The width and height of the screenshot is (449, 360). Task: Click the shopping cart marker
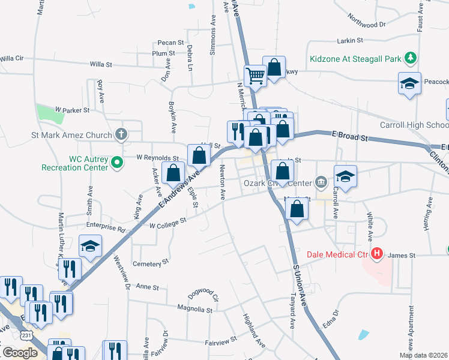point(255,76)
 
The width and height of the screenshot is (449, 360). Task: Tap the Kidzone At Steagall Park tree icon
point(411,58)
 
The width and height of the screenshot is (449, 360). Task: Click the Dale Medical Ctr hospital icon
point(377,254)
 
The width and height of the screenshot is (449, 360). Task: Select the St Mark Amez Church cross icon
point(121,134)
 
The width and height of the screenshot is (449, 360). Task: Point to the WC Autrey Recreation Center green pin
point(118,161)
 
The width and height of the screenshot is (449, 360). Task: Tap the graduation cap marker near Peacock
point(409,83)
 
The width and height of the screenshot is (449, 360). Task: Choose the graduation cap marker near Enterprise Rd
point(90,246)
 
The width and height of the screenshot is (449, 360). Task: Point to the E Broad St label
point(350,137)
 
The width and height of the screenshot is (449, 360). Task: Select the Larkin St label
point(351,41)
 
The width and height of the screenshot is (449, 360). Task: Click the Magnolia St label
point(195,310)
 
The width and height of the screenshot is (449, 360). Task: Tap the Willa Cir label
point(11,58)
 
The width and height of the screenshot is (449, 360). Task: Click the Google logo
point(19,353)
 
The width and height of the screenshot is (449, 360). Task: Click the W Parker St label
point(72,110)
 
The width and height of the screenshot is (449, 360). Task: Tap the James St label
point(402,256)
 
